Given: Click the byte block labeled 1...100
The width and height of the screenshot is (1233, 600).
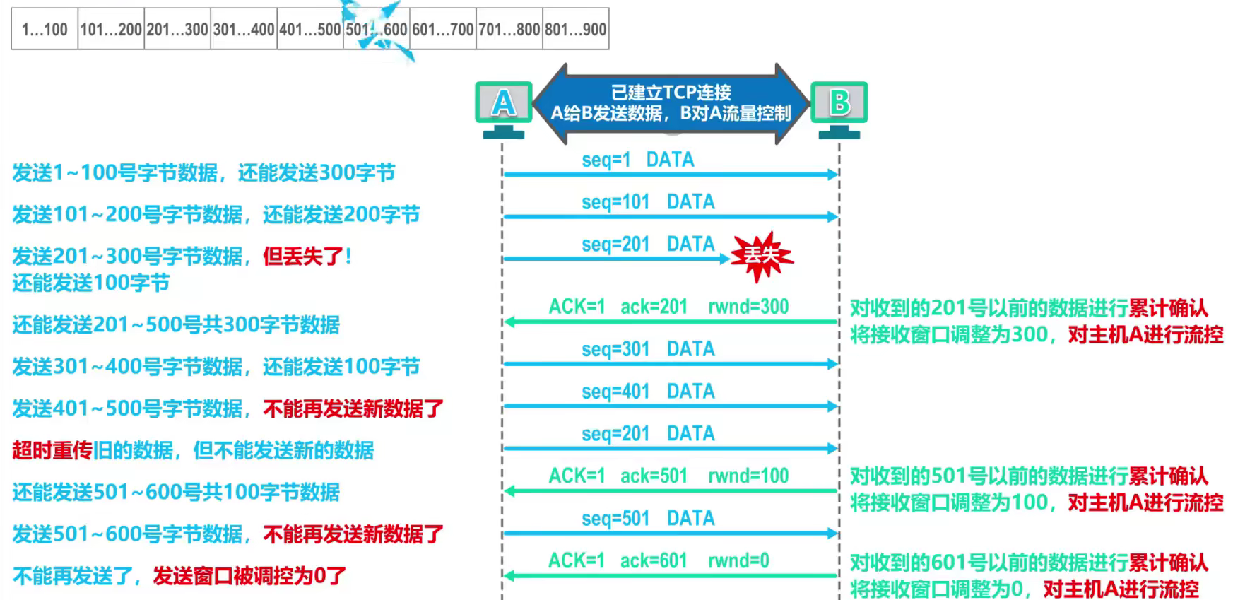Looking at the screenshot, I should (x=45, y=29).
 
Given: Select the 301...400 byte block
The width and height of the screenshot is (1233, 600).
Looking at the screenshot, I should (x=244, y=29).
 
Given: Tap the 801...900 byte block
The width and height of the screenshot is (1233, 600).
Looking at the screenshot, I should (x=576, y=29).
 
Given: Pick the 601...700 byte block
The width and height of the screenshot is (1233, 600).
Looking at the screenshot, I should (x=443, y=29).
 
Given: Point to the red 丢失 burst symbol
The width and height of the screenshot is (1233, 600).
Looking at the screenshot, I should (x=761, y=256).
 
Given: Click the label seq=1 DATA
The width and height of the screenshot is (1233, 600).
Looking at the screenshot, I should (x=637, y=160).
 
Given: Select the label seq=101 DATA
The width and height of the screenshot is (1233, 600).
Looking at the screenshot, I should (x=648, y=202).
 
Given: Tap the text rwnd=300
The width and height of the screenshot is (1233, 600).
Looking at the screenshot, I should (x=748, y=307).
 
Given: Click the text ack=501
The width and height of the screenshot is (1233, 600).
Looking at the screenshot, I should (x=654, y=476).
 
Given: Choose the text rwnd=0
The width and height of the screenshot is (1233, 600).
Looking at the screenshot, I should (x=738, y=560).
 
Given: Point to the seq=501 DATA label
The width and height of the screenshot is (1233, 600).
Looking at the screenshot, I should (x=648, y=518).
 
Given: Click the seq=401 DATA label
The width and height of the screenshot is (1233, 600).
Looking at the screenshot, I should (x=648, y=392).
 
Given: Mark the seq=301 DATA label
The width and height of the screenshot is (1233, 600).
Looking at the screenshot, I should (x=648, y=349).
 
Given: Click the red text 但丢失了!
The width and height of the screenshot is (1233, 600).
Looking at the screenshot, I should (x=307, y=256).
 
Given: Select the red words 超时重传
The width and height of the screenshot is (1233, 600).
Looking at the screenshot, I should (x=52, y=450).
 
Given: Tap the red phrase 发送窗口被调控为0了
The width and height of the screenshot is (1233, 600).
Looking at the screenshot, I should (x=249, y=576).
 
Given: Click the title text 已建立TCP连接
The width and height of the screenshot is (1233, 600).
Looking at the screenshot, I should (x=671, y=93).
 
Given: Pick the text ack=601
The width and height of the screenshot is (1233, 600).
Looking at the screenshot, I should (x=654, y=560).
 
